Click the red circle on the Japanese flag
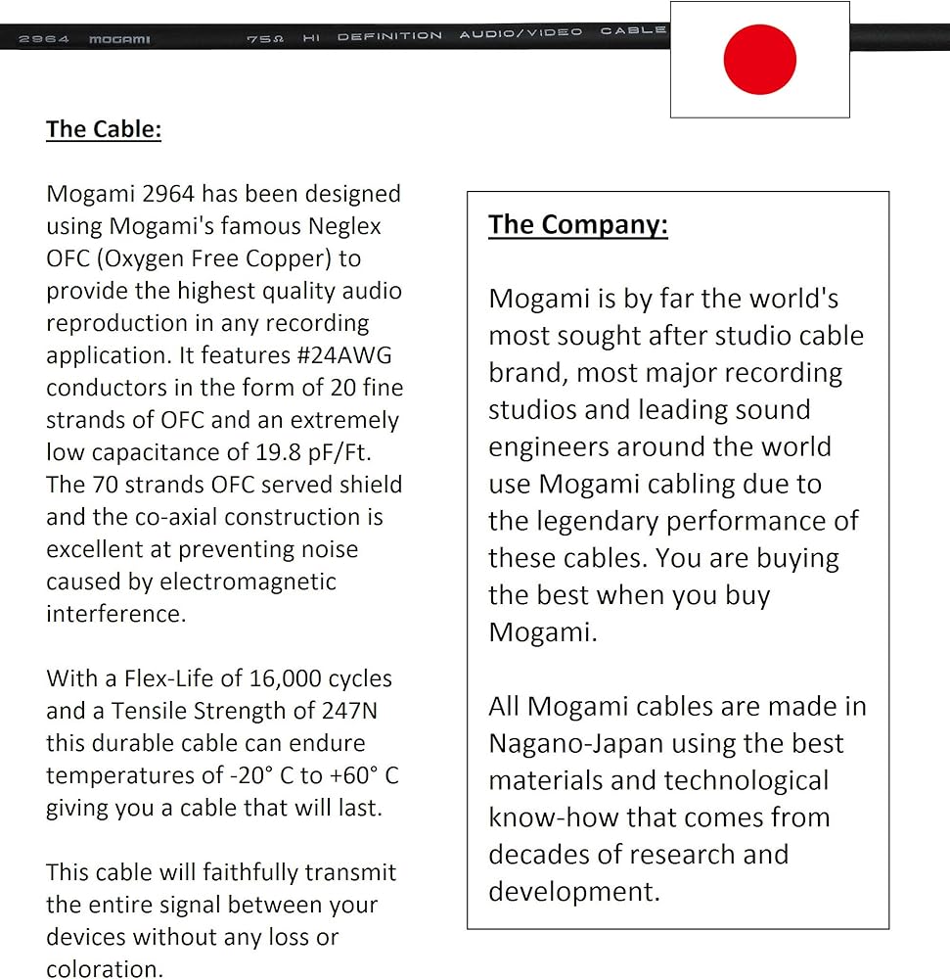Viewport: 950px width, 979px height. [x=759, y=59]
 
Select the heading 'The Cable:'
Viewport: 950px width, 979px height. [x=104, y=129]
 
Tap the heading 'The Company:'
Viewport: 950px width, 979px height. [x=578, y=224]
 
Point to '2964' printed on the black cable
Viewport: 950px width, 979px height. [x=44, y=40]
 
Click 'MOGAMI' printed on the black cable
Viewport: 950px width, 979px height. [x=119, y=40]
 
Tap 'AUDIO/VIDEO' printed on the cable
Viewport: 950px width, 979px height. [x=520, y=33]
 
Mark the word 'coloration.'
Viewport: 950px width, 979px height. [x=104, y=969]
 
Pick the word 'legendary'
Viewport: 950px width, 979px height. [x=581, y=521]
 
